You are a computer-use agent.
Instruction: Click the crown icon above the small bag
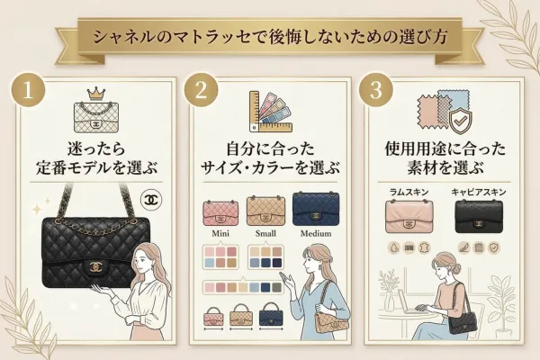(x=94, y=94)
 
